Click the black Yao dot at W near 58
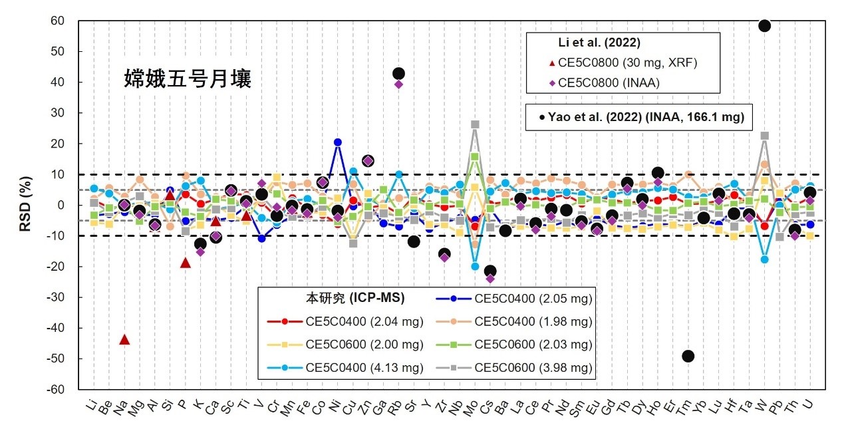(764, 25)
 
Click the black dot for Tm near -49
(688, 356)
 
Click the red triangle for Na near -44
(124, 339)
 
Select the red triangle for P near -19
(185, 263)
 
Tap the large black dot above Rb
(399, 73)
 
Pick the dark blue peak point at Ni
(338, 142)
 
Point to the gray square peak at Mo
(475, 124)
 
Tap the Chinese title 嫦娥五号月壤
(188, 78)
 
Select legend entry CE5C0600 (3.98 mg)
(532, 368)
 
